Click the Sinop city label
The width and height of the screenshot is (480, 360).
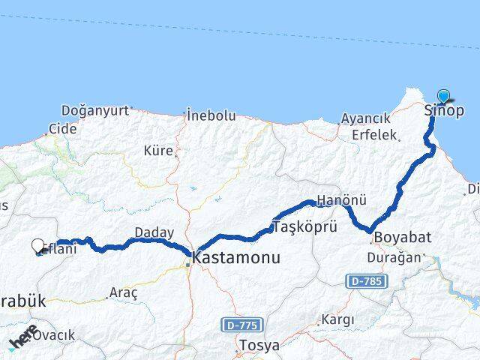tap(444, 112)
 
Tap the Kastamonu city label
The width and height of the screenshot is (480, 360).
tap(236, 257)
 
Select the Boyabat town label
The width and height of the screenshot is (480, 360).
tap(403, 237)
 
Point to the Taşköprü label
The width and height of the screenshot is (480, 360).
tap(305, 226)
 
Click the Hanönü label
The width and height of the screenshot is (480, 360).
tap(341, 201)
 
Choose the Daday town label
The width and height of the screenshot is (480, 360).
tap(154, 232)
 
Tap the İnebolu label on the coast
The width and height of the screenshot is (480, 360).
tap(211, 116)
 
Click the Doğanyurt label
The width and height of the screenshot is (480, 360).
tap(94, 111)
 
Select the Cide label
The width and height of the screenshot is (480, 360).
tap(63, 129)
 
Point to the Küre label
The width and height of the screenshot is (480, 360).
tap(158, 151)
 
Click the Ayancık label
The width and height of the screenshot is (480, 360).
tap(365, 119)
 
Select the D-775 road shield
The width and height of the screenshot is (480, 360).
tap(239, 325)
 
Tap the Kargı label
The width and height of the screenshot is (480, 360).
tap(337, 319)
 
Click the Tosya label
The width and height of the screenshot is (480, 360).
tap(258, 346)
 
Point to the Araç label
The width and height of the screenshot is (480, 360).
tap(124, 292)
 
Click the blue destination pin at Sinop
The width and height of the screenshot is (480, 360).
tap(443, 96)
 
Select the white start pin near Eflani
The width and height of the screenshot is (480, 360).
tap(38, 245)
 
